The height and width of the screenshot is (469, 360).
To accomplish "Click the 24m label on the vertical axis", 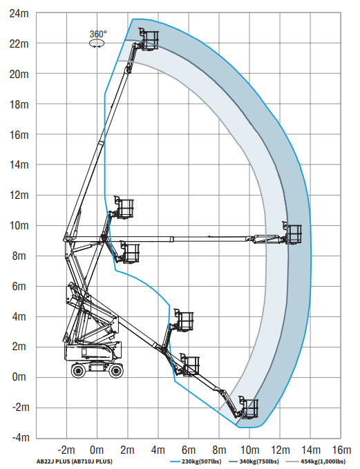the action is point(19,13).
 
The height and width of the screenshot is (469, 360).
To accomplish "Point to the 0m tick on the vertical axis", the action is point(19,377).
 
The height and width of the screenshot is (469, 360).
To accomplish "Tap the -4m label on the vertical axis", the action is point(21,438).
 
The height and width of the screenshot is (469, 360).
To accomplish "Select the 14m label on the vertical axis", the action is point(19,165).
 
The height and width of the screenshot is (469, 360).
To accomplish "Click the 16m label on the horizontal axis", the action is point(342,450).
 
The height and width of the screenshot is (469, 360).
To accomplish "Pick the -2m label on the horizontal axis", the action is point(66,450).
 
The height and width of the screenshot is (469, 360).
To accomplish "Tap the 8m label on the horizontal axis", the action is point(219,450).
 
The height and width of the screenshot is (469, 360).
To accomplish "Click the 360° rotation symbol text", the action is point(98,34).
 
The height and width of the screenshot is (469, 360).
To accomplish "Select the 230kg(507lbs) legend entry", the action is point(196,461).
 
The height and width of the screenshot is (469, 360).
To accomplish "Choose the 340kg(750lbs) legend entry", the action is point(254,461).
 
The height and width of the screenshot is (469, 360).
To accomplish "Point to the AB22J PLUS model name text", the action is point(53,461).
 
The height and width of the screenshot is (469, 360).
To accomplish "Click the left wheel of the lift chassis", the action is point(78,371).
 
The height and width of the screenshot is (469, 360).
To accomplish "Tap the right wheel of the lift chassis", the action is point(115,371).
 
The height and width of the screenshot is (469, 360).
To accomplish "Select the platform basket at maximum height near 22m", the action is point(149,39).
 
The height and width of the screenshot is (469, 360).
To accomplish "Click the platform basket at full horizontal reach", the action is point(292,233).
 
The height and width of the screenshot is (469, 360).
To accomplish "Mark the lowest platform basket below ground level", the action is point(248,408).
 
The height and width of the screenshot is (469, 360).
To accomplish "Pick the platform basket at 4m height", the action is point(184,320).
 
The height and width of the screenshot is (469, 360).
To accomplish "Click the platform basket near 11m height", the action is point(124,207).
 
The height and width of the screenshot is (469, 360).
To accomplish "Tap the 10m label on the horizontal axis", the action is point(250,450).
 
